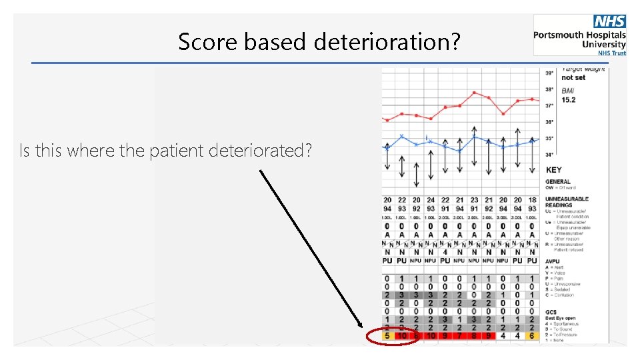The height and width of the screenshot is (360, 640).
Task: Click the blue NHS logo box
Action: pyautogui.click(x=609, y=22)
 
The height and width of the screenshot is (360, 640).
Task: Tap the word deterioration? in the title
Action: pyautogui.click(x=387, y=42)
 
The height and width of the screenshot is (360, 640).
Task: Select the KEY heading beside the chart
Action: pyautogui.click(x=554, y=170)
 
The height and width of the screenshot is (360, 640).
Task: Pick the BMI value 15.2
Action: pyautogui.click(x=569, y=99)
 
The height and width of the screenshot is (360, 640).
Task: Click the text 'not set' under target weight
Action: pyautogui.click(x=573, y=77)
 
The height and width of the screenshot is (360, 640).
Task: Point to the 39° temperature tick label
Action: pyautogui.click(x=549, y=73)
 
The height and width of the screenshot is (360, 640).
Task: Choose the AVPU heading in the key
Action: pyautogui.click(x=554, y=261)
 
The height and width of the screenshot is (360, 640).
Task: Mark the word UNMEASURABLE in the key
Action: pyautogui.click(x=567, y=199)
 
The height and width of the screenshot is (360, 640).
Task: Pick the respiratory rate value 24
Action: pyautogui.click(x=431, y=200)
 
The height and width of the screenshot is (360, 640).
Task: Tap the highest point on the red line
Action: pyautogui.click(x=474, y=93)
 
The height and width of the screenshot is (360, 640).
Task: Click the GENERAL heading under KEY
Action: pyautogui.click(x=558, y=181)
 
